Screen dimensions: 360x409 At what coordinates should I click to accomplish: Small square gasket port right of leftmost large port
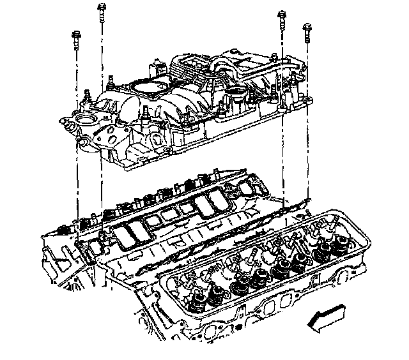tap(153, 221)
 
